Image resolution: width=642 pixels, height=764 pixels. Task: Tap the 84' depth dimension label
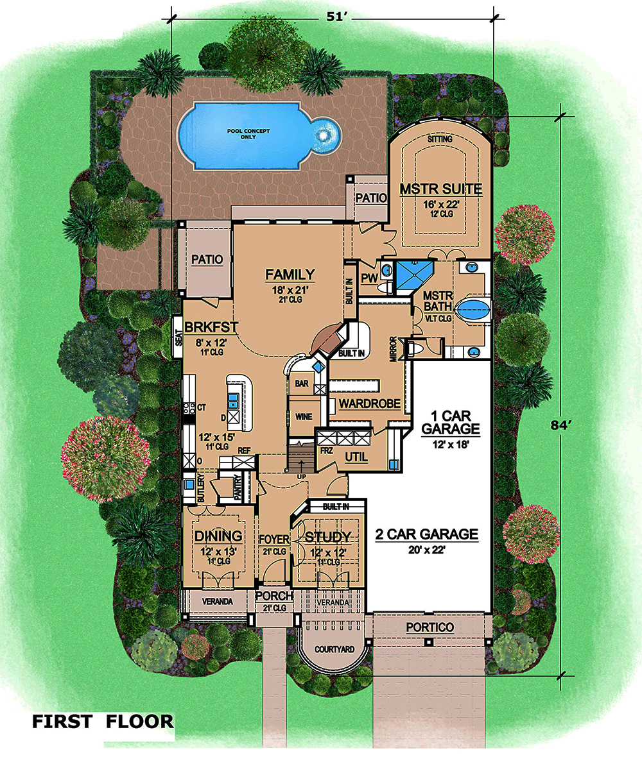click(560, 425)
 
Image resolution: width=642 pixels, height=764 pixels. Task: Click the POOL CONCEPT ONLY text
click(248, 134)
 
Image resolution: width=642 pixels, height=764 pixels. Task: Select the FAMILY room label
click(290, 275)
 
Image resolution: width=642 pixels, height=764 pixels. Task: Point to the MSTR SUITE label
click(441, 189)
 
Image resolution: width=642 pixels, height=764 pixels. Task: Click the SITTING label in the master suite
click(440, 139)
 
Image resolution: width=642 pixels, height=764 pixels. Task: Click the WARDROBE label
click(370, 403)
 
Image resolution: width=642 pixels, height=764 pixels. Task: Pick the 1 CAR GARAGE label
click(451, 423)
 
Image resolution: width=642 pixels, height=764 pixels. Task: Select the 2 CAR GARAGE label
click(426, 534)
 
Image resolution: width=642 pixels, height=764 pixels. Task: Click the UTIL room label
click(356, 457)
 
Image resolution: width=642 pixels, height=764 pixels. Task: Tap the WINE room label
click(304, 417)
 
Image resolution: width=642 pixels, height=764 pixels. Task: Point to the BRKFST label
click(211, 327)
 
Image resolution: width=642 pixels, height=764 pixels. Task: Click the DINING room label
click(218, 536)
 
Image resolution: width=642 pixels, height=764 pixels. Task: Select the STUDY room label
click(327, 537)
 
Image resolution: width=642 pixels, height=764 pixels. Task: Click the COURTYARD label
click(334, 649)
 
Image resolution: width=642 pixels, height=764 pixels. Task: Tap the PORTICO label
click(430, 627)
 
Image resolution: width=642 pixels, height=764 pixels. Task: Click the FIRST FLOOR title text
click(103, 722)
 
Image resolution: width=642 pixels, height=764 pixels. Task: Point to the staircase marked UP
click(301, 456)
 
